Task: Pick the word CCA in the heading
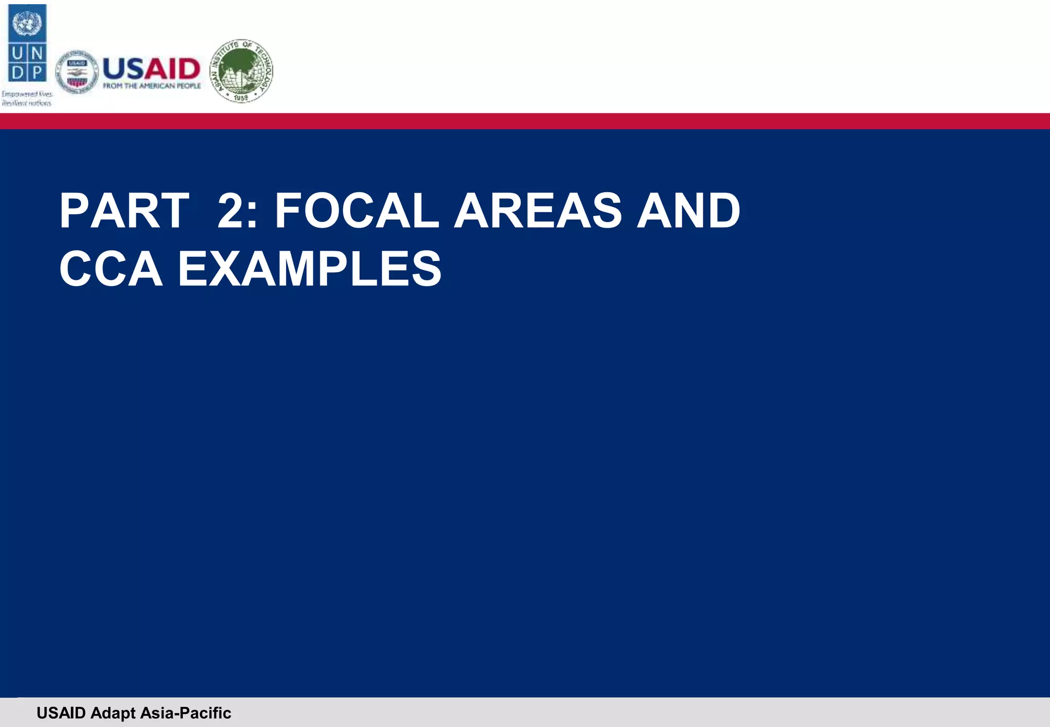point(111,269)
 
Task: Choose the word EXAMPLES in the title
point(309,269)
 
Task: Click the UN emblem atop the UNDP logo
point(27,24)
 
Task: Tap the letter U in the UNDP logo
point(17,53)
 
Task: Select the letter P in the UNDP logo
point(37,72)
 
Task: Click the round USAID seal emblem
point(77,72)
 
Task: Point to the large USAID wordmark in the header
point(151,68)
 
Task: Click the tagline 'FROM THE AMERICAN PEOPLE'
point(152,86)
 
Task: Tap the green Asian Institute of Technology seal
point(241,71)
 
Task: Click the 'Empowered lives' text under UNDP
point(27,94)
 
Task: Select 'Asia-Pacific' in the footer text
point(186,713)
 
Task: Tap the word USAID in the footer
point(61,713)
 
